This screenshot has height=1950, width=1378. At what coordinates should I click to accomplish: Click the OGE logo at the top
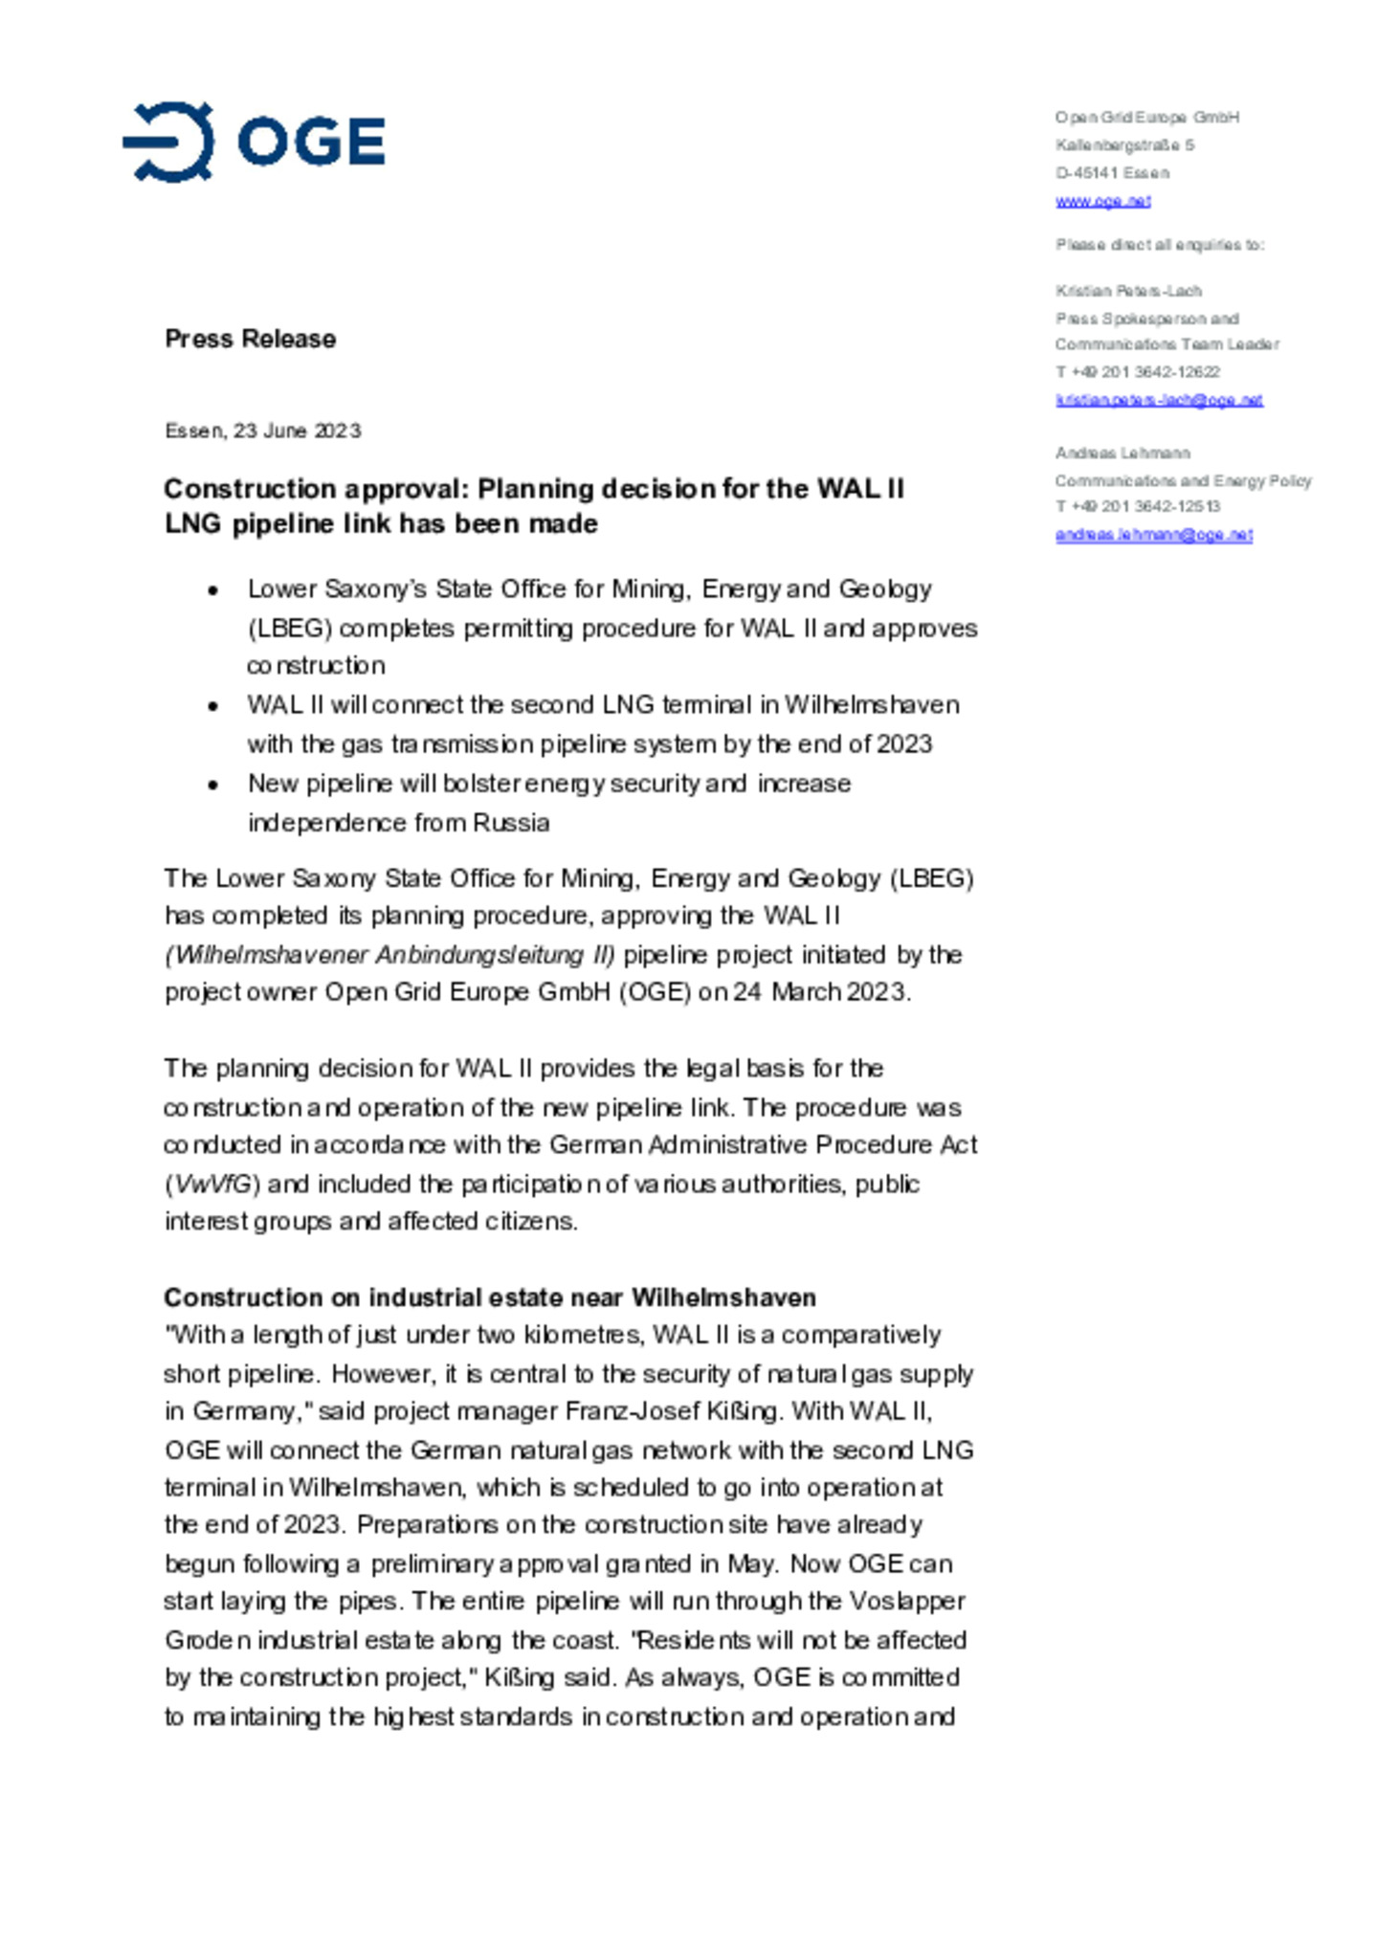pyautogui.click(x=254, y=142)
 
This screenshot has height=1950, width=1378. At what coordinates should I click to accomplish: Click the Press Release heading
pyautogui.click(x=250, y=339)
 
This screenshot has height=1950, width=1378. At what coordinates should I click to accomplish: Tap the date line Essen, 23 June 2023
pyautogui.click(x=262, y=431)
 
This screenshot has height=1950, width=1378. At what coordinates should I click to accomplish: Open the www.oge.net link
pyautogui.click(x=1102, y=201)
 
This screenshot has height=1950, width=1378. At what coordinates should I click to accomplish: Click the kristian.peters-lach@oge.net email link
pyautogui.click(x=1158, y=400)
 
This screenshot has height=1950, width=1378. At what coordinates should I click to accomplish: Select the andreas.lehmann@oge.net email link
pyautogui.click(x=1153, y=535)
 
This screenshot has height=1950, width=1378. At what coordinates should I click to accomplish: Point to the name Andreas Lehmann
pyautogui.click(x=1122, y=453)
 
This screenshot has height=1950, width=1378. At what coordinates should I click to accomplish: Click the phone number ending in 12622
pyautogui.click(x=1137, y=372)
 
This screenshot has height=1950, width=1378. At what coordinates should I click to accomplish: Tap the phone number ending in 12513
pyautogui.click(x=1137, y=506)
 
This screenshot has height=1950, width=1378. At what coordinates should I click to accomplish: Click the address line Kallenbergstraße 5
pyautogui.click(x=1123, y=145)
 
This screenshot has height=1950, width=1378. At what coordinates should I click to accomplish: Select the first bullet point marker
pyautogui.click(x=213, y=591)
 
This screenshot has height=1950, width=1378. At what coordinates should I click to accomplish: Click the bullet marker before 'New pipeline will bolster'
pyautogui.click(x=213, y=786)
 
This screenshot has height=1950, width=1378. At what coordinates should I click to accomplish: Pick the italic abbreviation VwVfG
pyautogui.click(x=212, y=1185)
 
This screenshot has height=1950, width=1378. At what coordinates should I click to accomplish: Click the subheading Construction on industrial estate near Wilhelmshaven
pyautogui.click(x=489, y=1297)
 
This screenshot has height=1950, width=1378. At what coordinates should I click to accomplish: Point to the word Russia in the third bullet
pyautogui.click(x=511, y=823)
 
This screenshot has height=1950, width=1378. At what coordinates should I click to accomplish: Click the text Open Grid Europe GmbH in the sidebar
pyautogui.click(x=1146, y=118)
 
